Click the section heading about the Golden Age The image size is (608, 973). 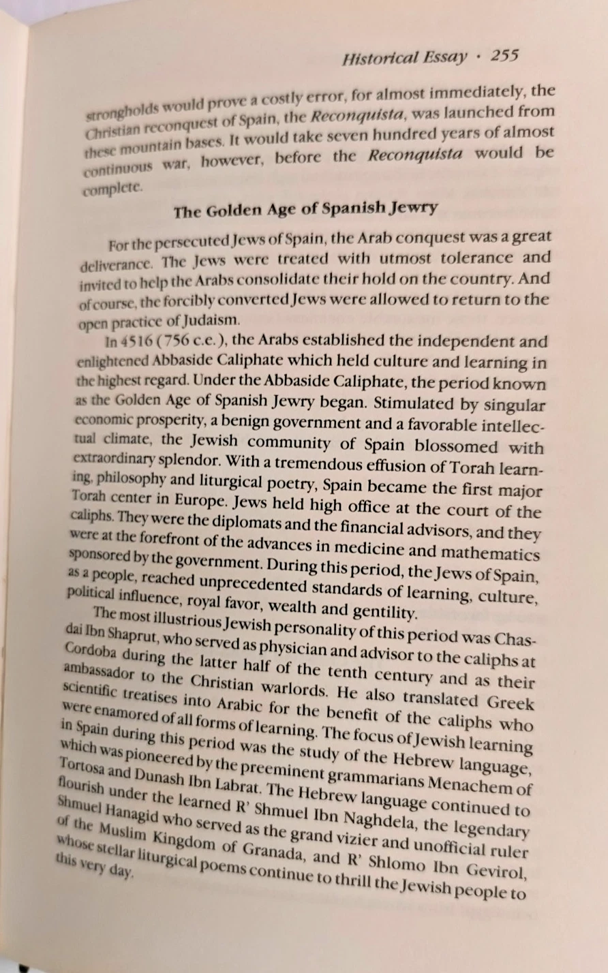305,210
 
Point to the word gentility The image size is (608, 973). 384,613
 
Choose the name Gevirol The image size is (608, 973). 499,873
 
